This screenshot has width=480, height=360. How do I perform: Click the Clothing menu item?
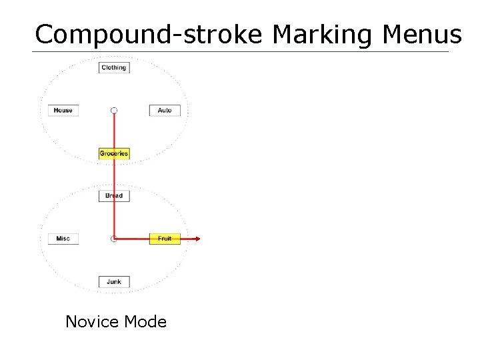point(113,67)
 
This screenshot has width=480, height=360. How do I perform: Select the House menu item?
point(63,110)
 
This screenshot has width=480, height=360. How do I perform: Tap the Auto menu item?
point(165,110)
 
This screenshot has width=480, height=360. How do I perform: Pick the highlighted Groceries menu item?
point(113,153)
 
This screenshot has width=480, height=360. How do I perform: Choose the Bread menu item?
point(113,196)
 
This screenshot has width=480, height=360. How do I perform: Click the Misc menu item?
point(63,239)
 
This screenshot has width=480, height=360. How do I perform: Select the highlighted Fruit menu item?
point(165,239)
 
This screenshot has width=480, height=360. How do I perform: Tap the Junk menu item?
point(113,281)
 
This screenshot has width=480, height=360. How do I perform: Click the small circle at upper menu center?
point(114,110)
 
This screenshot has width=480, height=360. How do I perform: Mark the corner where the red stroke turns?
point(114,238)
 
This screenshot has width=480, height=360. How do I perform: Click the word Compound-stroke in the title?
point(149,34)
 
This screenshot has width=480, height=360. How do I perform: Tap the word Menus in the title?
point(423,34)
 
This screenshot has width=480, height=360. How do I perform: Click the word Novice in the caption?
point(90,322)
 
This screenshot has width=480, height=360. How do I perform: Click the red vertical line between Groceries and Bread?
point(114,175)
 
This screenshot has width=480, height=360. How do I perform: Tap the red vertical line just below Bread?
point(114,217)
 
